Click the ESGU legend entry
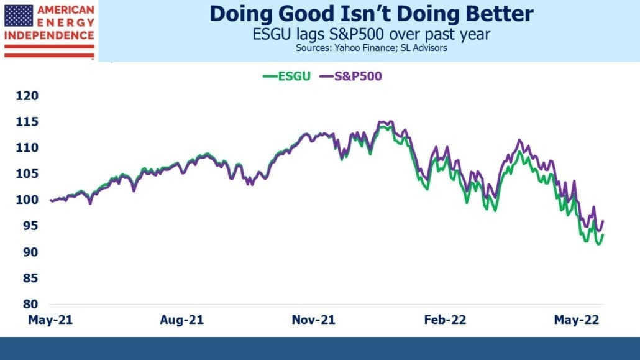(x=286, y=76)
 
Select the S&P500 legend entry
(x=350, y=76)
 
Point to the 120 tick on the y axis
(x=27, y=96)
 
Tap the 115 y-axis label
(x=27, y=122)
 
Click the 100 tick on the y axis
(x=27, y=200)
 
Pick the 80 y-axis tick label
(x=30, y=304)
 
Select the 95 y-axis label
(x=30, y=226)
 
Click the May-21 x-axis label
(x=50, y=320)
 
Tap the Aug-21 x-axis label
(x=181, y=320)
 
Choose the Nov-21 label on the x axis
(x=313, y=320)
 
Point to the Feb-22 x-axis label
(x=445, y=320)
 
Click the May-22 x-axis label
(x=577, y=320)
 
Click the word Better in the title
(x=500, y=14)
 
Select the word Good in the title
(x=300, y=14)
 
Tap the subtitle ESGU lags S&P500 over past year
(x=371, y=34)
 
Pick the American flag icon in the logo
(x=19, y=16)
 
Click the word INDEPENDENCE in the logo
(x=49, y=35)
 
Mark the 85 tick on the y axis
(x=30, y=279)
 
